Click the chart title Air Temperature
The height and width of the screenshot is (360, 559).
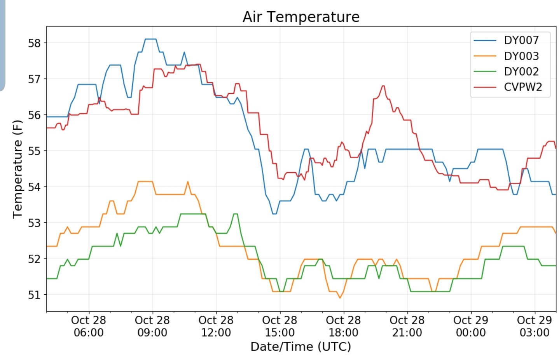(x=301, y=17)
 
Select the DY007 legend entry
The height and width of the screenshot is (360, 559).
(x=521, y=40)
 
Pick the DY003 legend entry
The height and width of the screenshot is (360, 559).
(x=521, y=56)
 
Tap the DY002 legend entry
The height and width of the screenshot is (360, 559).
(x=521, y=72)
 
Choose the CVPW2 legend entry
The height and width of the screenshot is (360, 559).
(x=522, y=87)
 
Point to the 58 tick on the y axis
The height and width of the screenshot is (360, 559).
(x=34, y=43)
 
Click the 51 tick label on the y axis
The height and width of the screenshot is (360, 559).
(x=34, y=295)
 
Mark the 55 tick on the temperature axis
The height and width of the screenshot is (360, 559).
(x=34, y=151)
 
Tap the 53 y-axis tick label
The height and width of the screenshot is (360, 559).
(x=34, y=223)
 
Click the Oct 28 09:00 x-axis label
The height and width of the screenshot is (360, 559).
(x=152, y=326)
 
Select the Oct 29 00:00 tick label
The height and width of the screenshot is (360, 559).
(x=471, y=326)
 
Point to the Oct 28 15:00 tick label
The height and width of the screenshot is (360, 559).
(x=279, y=326)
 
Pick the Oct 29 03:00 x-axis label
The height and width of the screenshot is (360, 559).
(x=534, y=326)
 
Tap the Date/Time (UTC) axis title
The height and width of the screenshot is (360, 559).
(x=300, y=346)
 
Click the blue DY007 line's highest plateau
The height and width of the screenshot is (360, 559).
(x=150, y=39)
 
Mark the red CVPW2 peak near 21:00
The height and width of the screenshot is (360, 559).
(x=383, y=86)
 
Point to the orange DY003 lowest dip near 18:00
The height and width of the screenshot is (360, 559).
(x=340, y=298)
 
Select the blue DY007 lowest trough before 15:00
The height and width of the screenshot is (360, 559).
(x=274, y=214)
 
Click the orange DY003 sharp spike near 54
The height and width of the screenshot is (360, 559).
(x=188, y=182)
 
